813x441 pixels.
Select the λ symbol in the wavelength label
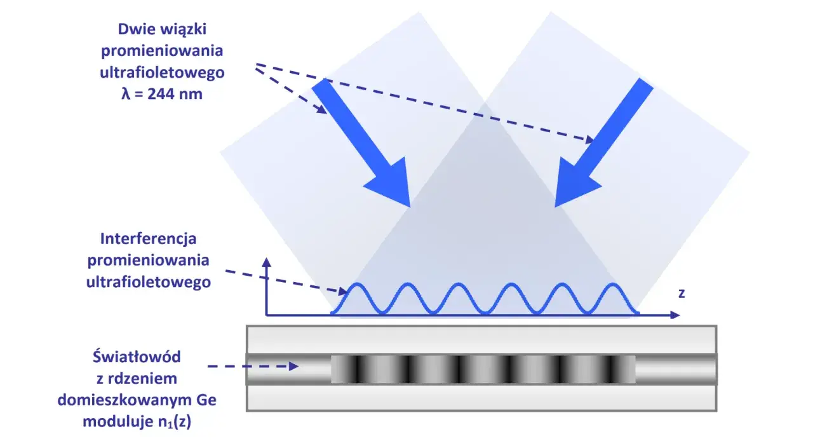(x=126, y=94)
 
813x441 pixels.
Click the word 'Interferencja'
(x=148, y=240)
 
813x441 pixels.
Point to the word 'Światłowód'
(x=137, y=356)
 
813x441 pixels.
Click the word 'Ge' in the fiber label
(x=206, y=400)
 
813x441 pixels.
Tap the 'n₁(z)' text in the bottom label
(x=174, y=422)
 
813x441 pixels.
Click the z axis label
(x=682, y=294)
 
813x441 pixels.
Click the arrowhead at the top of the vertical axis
(x=267, y=262)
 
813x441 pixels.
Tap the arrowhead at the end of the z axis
(x=675, y=315)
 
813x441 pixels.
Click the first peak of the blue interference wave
(x=357, y=283)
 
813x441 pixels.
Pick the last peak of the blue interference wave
(x=613, y=283)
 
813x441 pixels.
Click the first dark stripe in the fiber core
(x=358, y=369)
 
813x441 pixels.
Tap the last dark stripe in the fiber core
(x=614, y=369)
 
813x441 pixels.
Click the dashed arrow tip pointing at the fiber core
(x=295, y=366)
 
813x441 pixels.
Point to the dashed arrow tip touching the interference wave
(x=344, y=292)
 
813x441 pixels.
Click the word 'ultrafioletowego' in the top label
(x=162, y=72)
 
